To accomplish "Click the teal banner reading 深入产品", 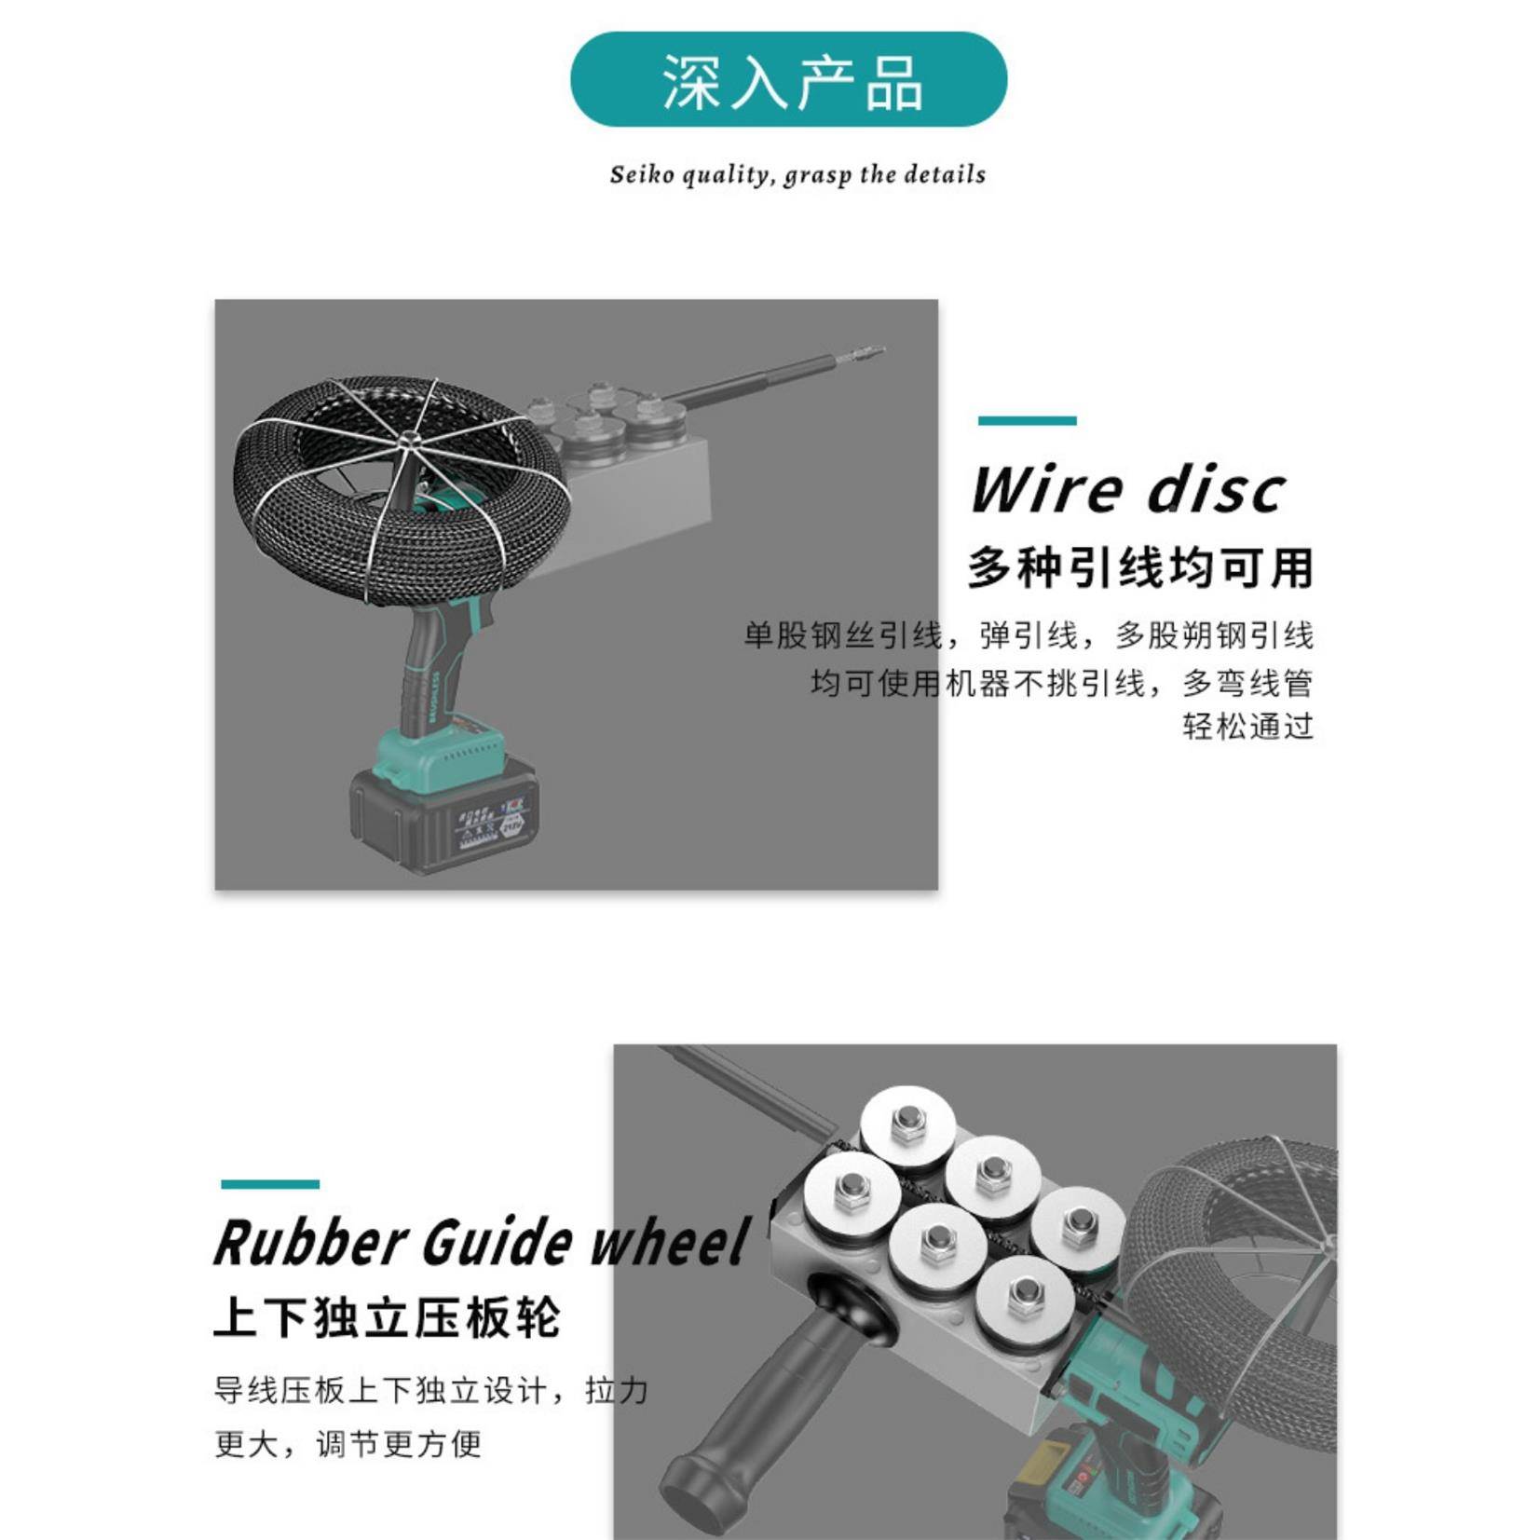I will [787, 80].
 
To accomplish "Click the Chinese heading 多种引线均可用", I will [1139, 567].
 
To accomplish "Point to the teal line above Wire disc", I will [1026, 421].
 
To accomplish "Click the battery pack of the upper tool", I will [443, 815].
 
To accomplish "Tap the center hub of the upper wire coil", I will [407, 441].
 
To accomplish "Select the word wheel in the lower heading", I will [670, 1243].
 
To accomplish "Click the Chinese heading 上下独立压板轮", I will [387, 1317].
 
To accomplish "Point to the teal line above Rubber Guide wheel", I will [270, 1184].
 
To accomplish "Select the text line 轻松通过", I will [1247, 726].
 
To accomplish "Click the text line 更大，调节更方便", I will [348, 1443].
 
